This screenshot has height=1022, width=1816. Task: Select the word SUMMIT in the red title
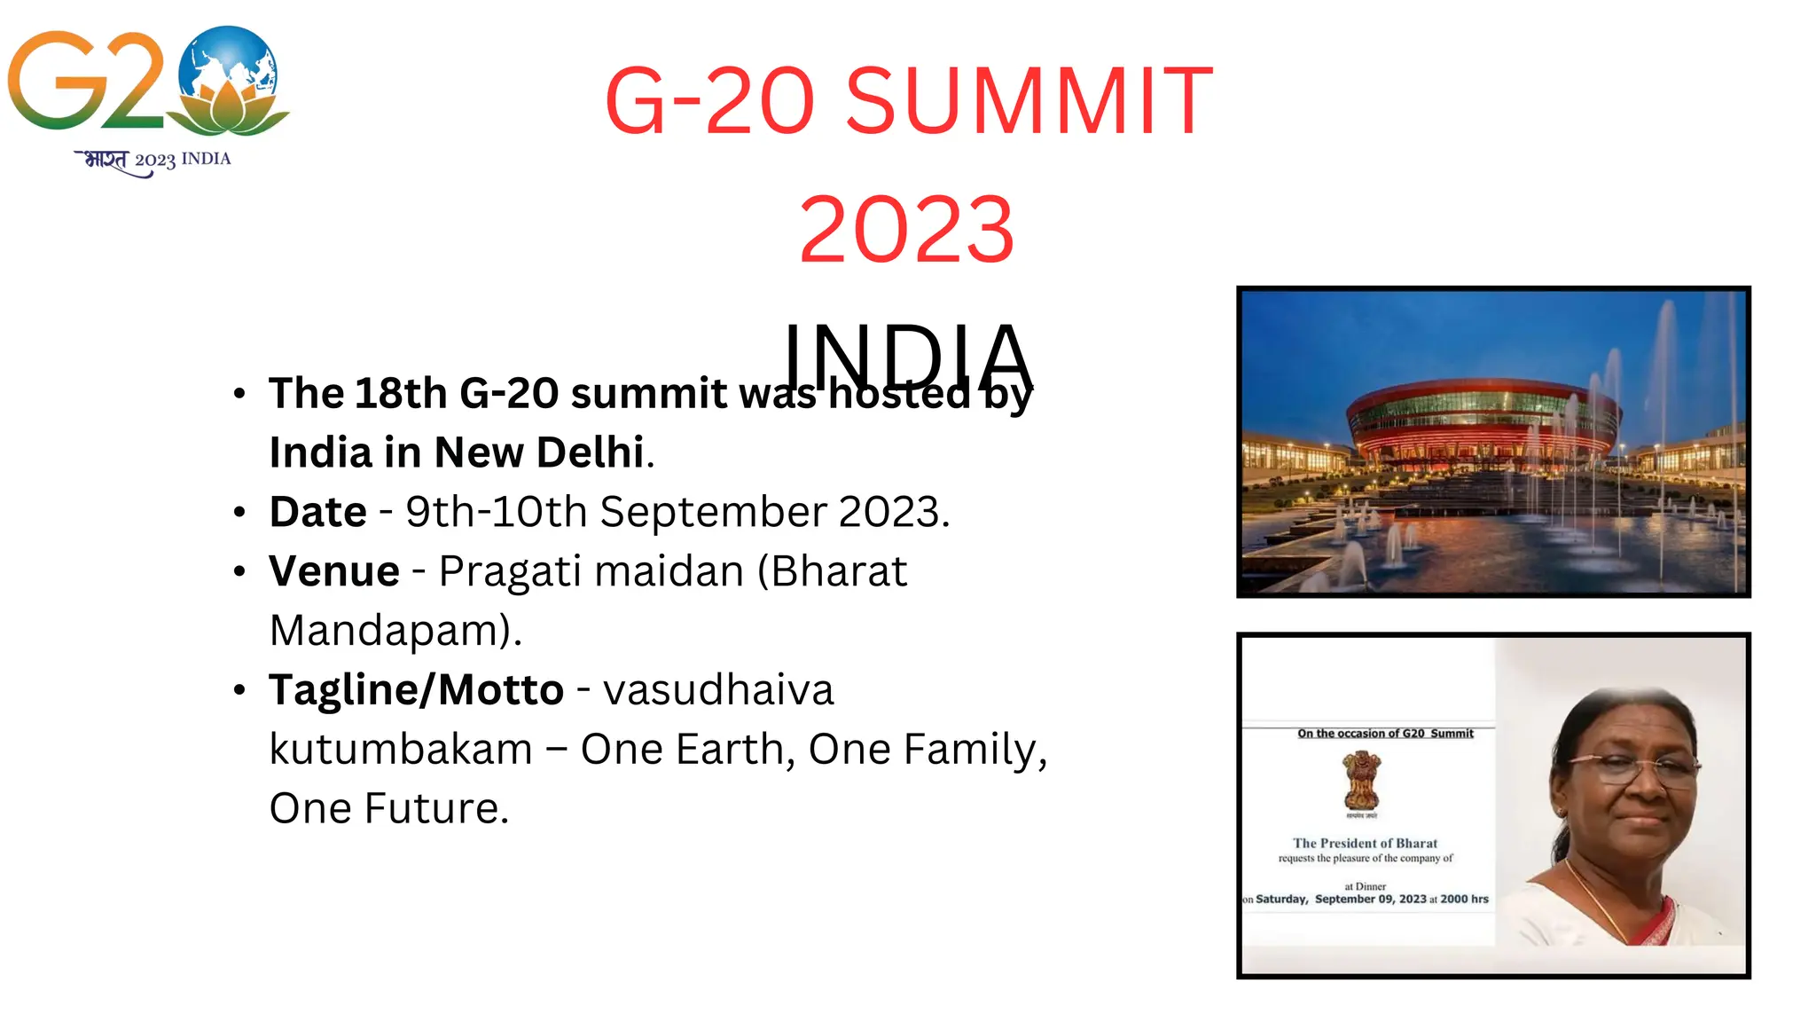(1029, 101)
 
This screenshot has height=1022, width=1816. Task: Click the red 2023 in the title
(906, 231)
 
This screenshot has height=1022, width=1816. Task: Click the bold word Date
(317, 512)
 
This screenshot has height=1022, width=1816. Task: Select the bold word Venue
(334, 571)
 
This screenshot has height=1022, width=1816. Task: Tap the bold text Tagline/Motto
(416, 690)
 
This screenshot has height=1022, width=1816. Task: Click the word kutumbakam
(401, 750)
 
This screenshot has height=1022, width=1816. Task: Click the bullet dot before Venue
(239, 571)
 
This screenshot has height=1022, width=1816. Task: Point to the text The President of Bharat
(1365, 843)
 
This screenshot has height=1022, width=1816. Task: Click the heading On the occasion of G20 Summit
(1385, 733)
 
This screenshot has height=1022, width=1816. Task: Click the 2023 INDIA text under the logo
(183, 160)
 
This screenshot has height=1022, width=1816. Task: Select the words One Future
(388, 809)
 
